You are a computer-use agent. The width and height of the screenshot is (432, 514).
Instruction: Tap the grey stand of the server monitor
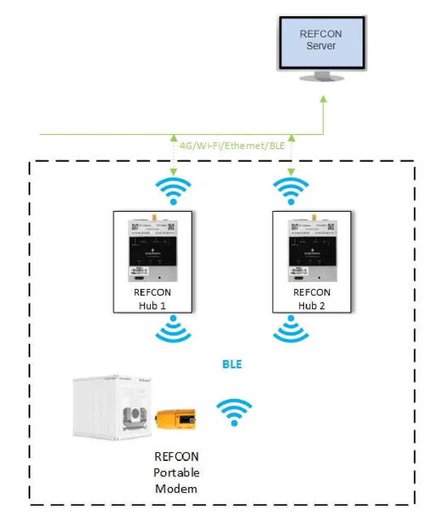point(322,76)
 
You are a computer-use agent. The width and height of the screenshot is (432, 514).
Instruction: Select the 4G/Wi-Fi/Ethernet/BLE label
point(232,146)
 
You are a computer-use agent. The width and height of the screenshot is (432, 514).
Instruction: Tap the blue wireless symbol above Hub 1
point(174,191)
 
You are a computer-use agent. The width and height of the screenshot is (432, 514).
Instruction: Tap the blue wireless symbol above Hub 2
point(291,191)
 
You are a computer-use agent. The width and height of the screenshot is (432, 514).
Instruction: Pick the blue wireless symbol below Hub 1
point(174,329)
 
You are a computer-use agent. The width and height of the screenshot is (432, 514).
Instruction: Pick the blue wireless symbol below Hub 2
point(291,329)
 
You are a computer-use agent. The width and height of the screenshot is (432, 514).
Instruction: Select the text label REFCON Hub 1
point(152,299)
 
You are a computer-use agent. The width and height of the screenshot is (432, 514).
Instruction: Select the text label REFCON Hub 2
point(312,299)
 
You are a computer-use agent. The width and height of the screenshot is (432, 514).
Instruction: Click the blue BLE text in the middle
point(232,364)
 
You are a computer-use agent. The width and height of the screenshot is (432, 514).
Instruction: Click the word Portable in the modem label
point(177,472)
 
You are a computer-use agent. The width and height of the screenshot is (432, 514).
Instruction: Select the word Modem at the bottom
point(176,489)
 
